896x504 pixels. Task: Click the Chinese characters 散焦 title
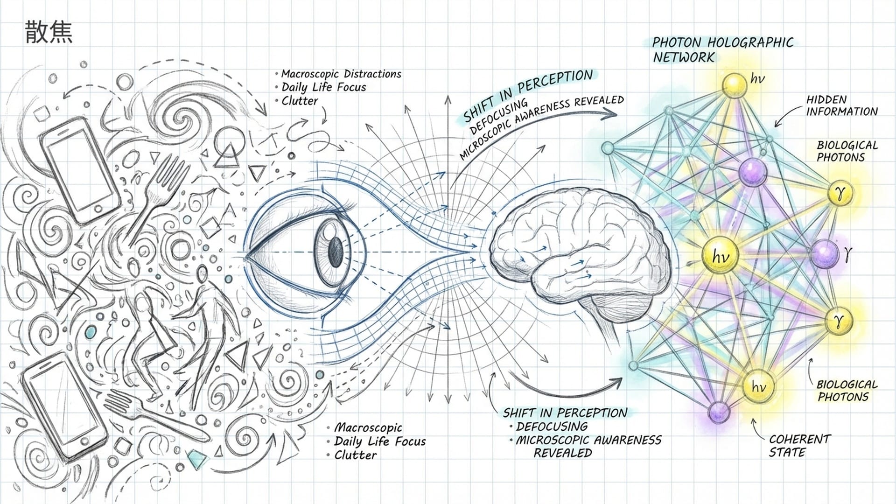pyautogui.click(x=48, y=32)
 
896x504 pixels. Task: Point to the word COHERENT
pyautogui.click(x=800, y=439)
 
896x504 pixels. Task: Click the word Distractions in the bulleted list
pyautogui.click(x=372, y=74)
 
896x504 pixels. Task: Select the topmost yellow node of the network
pyautogui.click(x=734, y=84)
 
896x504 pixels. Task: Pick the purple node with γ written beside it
pyautogui.click(x=824, y=253)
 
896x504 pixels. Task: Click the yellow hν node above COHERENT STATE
pyautogui.click(x=758, y=386)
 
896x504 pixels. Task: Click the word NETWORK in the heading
pyautogui.click(x=684, y=57)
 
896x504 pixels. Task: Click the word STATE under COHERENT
pyautogui.click(x=787, y=452)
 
